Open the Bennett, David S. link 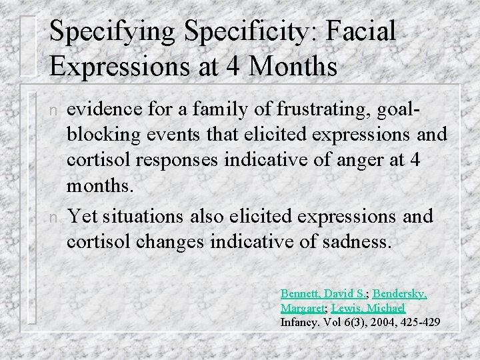coord(323,293)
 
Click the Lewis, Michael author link coord(368,309)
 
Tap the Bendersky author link coord(399,293)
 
